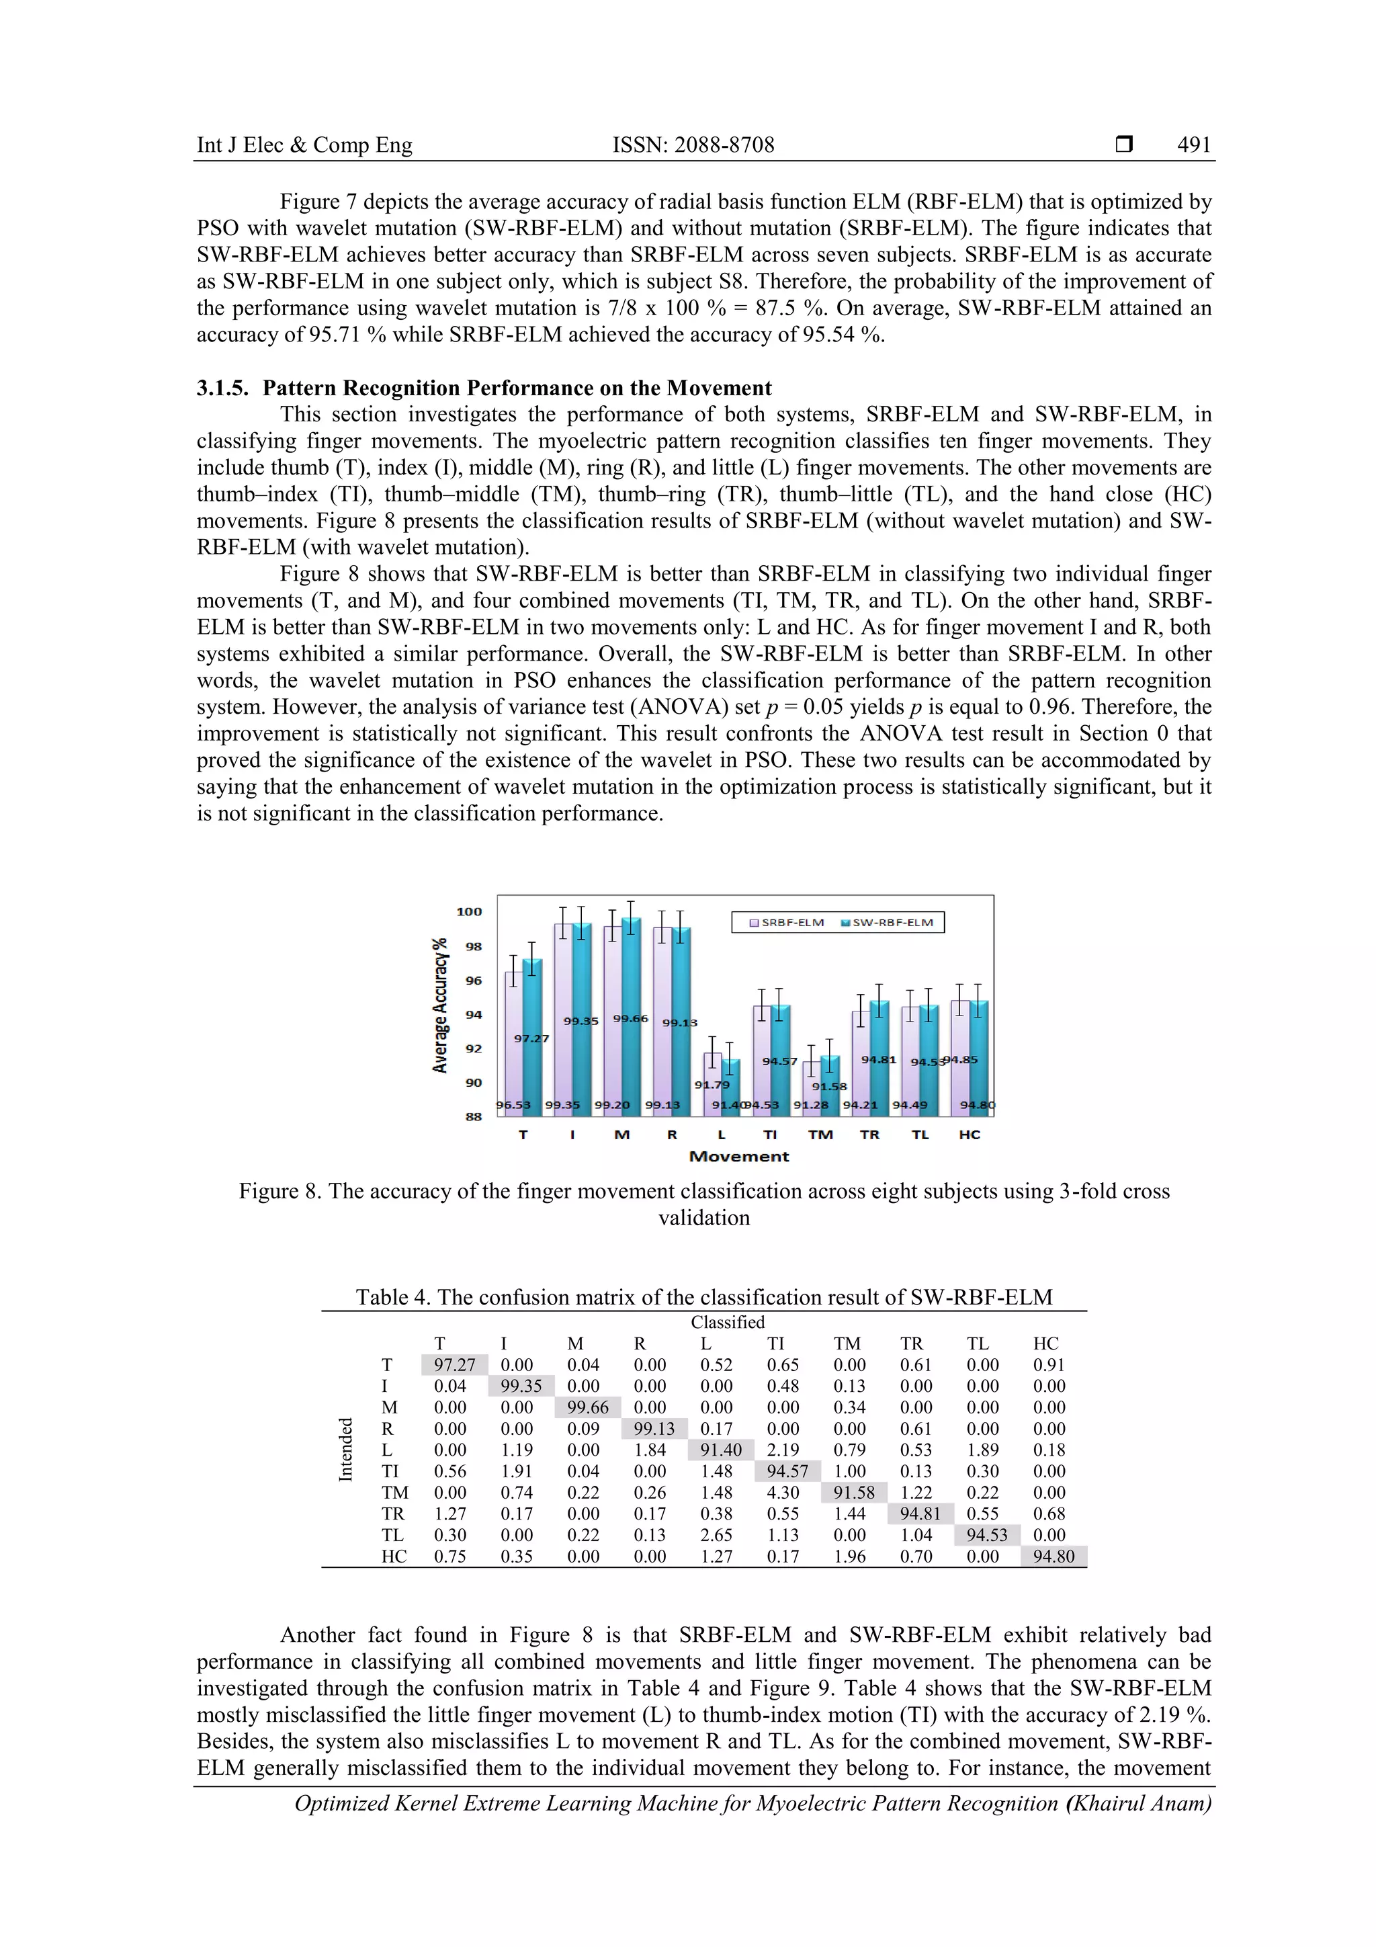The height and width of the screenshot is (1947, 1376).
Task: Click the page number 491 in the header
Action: tap(1194, 145)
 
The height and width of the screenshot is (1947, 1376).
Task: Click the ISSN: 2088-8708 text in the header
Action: tap(693, 145)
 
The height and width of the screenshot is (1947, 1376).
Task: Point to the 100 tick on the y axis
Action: tap(469, 911)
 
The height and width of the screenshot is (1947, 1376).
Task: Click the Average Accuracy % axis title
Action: tap(440, 1005)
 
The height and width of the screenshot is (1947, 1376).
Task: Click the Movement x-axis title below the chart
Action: tap(738, 1157)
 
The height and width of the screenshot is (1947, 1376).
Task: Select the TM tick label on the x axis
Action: tap(820, 1134)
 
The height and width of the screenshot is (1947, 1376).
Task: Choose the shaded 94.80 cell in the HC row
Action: tap(1053, 1556)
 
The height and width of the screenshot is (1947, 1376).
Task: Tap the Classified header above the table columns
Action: tap(728, 1322)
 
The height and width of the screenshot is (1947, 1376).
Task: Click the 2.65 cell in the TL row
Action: tap(716, 1535)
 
